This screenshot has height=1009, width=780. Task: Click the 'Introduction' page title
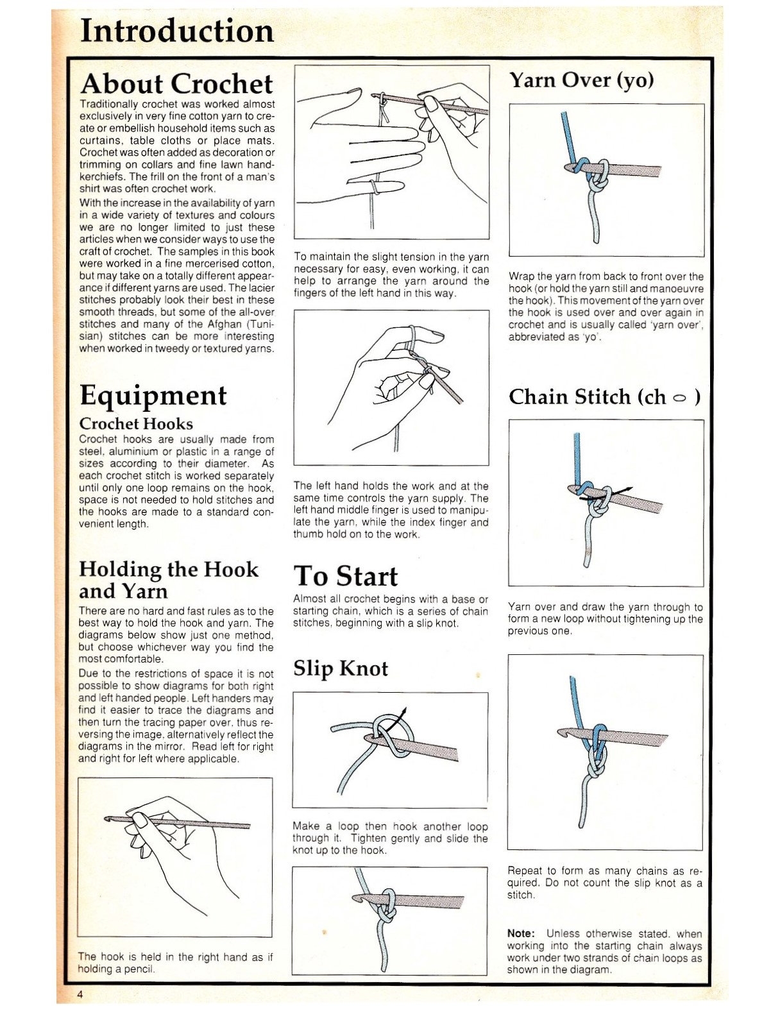pyautogui.click(x=177, y=31)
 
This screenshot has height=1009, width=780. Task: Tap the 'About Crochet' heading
pyautogui.click(x=176, y=84)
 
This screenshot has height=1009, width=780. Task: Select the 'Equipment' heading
pyautogui.click(x=153, y=395)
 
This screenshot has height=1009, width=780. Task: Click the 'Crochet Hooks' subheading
pyautogui.click(x=135, y=423)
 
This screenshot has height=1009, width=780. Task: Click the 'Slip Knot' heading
pyautogui.click(x=340, y=668)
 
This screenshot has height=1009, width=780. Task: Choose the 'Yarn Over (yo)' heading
pyautogui.click(x=581, y=80)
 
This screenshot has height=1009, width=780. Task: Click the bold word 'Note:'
pyautogui.click(x=520, y=933)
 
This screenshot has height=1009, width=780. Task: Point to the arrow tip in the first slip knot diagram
pyautogui.click(x=404, y=710)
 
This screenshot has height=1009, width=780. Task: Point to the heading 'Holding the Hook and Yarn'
pyautogui.click(x=168, y=580)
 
